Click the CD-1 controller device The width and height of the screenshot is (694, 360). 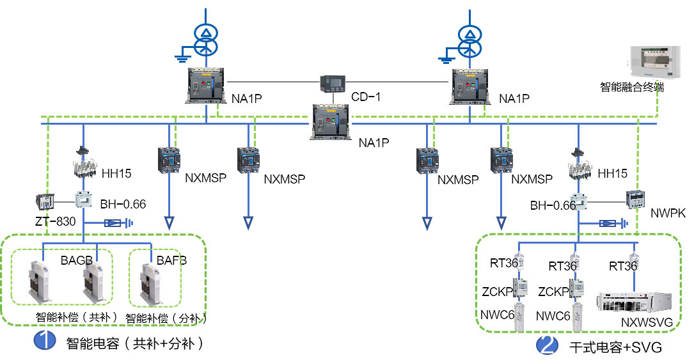333,83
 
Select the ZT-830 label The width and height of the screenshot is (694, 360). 55,223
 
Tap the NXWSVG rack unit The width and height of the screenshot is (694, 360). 633,304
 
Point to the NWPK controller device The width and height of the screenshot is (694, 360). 635,200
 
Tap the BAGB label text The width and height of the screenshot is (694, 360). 77,260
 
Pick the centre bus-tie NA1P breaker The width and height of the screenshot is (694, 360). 333,121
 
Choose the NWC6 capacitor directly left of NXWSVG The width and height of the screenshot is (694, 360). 579,315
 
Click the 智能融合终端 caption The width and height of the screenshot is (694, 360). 631,87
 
